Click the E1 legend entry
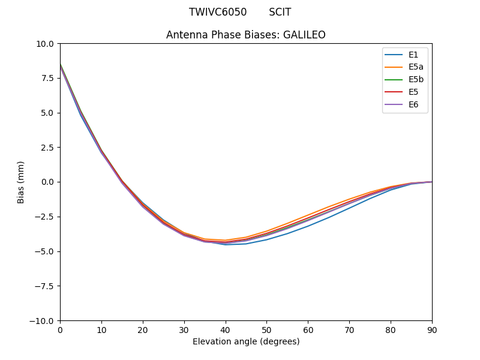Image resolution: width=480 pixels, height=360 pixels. click(x=413, y=55)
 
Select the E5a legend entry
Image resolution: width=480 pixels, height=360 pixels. click(x=416, y=67)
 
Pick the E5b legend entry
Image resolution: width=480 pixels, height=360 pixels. click(x=416, y=80)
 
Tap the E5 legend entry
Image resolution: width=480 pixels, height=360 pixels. click(x=413, y=92)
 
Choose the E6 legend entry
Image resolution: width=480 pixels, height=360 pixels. click(x=413, y=105)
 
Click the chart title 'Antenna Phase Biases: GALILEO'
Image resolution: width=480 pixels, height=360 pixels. click(x=246, y=35)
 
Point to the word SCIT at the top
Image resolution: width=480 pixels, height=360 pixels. click(x=280, y=12)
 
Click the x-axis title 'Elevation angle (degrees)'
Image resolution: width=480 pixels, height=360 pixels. click(x=246, y=341)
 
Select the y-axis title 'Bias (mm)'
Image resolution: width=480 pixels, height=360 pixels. click(x=21, y=182)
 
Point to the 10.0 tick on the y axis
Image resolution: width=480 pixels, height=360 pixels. click(x=45, y=43)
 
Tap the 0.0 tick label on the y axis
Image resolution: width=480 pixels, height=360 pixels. click(x=47, y=182)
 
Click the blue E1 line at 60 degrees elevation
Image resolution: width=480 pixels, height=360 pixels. click(x=308, y=226)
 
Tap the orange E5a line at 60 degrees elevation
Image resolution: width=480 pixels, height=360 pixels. click(x=308, y=214)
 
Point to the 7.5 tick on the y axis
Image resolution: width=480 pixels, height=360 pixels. click(x=47, y=78)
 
